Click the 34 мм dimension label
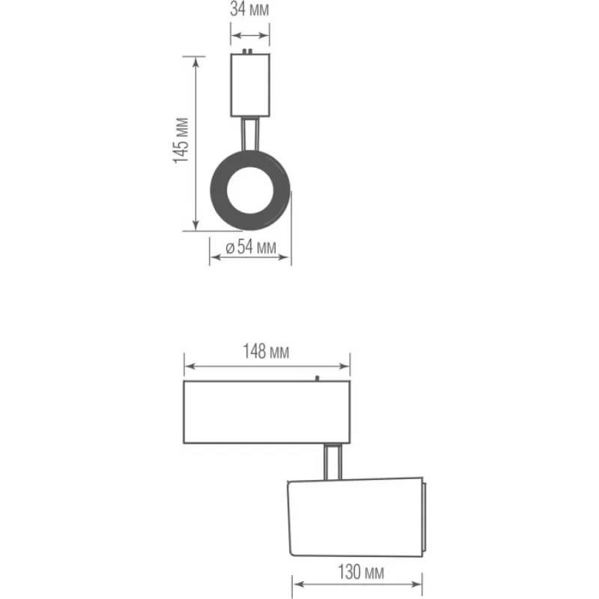click(249, 9)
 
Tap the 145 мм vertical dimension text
click(181, 141)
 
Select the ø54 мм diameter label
click(251, 247)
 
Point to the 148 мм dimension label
click(267, 351)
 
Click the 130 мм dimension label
click(361, 572)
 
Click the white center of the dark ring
click(250, 190)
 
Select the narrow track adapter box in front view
click(250, 85)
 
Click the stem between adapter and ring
click(250, 134)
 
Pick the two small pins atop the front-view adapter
click(247, 51)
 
